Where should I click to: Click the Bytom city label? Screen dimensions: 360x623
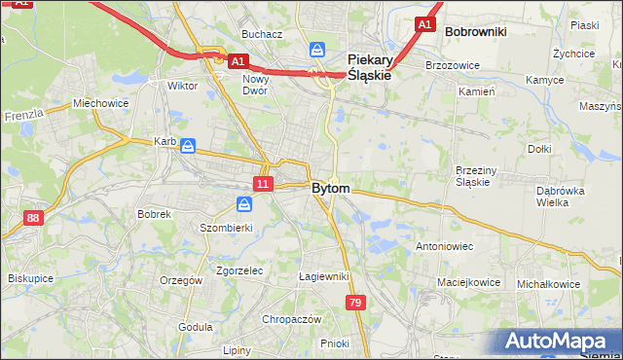[x=331, y=188]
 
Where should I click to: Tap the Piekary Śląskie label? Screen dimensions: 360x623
[x=370, y=65]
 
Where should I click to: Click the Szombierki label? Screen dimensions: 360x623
[x=226, y=228]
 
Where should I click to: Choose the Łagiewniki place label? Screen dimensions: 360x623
[x=324, y=276]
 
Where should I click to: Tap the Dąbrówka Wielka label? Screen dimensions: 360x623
[x=562, y=197]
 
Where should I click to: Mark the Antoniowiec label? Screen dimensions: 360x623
[x=444, y=246]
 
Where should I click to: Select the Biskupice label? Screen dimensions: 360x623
[x=30, y=277]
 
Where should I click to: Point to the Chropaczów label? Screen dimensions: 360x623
[x=291, y=319]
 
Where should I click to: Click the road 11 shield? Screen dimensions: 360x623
[x=263, y=183]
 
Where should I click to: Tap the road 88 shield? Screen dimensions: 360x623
[x=34, y=218]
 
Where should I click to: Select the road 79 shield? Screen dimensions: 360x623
[x=353, y=304]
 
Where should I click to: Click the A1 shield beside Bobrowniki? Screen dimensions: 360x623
[x=424, y=24]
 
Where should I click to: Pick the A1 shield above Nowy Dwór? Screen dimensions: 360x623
[x=238, y=61]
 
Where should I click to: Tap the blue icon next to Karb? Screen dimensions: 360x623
[x=188, y=146]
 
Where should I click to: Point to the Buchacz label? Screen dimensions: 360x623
[x=262, y=34]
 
